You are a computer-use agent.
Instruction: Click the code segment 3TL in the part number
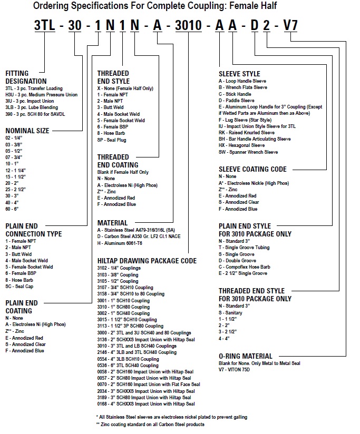45,25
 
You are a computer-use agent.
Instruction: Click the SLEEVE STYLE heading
239,74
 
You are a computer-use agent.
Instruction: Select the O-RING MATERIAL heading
246,356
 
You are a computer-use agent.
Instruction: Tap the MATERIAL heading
113,223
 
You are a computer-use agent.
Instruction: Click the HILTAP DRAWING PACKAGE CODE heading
147,260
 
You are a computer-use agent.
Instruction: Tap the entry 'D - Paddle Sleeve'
237,100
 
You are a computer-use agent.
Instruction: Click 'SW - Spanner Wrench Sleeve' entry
248,152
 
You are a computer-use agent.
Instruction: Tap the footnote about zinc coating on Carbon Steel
151,424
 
